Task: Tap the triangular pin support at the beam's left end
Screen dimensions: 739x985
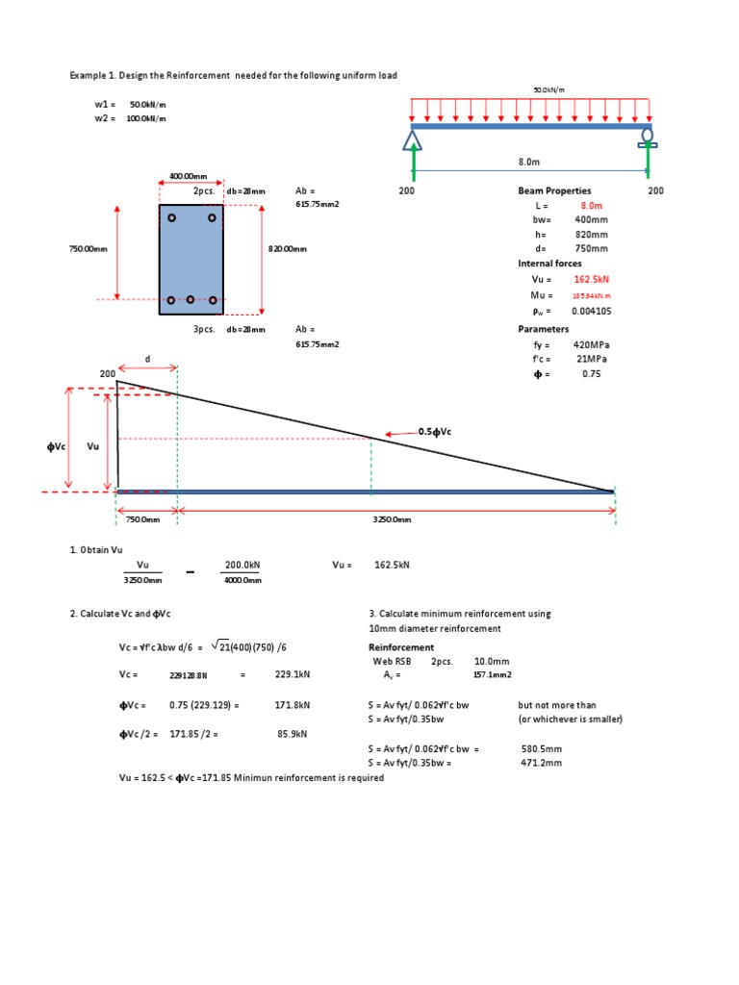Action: click(x=413, y=140)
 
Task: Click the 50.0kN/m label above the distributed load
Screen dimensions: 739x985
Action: click(x=548, y=90)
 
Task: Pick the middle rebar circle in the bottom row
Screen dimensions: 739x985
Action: click(x=191, y=300)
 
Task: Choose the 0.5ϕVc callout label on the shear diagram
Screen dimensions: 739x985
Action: click(x=434, y=431)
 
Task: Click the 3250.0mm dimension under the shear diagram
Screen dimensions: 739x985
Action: click(x=393, y=519)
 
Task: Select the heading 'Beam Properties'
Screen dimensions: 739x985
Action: click(x=554, y=190)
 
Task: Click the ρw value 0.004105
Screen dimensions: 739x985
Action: click(x=592, y=311)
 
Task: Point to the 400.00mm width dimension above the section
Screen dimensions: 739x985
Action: click(x=189, y=177)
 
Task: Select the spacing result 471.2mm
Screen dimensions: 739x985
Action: click(x=542, y=763)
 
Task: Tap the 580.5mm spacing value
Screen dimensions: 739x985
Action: click(x=542, y=748)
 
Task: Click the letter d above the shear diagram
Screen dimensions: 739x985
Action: click(x=147, y=359)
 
